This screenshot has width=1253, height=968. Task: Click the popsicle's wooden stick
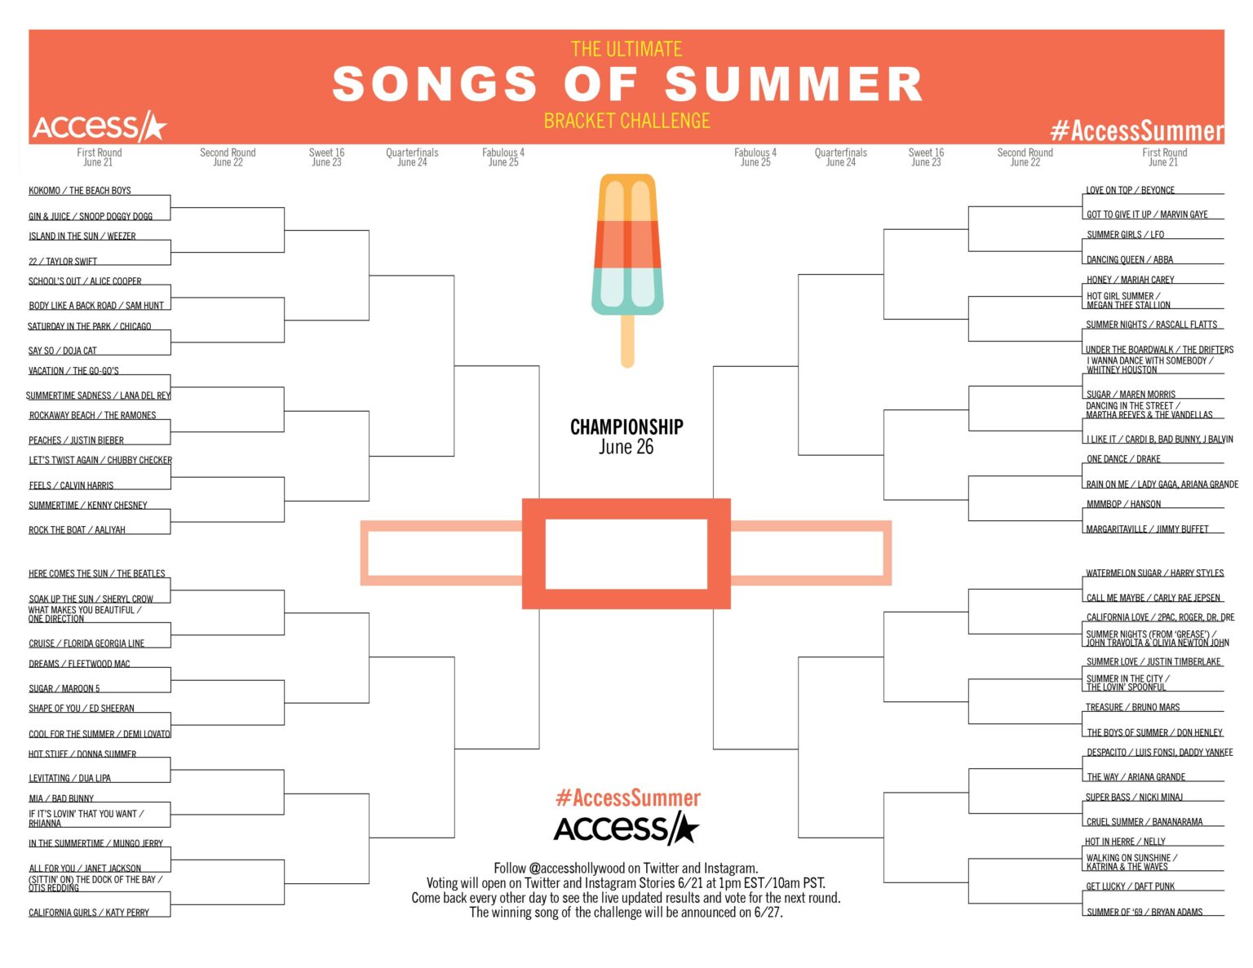627,341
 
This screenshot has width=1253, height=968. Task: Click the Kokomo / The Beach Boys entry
80,191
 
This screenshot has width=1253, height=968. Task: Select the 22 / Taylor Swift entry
63,262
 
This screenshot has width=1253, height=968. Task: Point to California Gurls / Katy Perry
89,913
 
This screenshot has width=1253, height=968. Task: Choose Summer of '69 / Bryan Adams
1144,912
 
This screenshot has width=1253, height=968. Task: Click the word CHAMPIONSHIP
626,427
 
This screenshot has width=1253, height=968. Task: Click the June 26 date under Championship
626,447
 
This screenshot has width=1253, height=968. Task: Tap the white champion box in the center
626,554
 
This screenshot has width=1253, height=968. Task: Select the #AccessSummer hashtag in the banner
1136,130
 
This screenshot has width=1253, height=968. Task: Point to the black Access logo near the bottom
626,829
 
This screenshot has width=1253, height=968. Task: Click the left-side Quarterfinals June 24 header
412,157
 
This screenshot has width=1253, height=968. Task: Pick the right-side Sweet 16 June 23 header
926,157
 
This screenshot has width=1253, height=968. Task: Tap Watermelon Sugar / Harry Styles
1154,573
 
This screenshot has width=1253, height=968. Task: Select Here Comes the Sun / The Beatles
96,573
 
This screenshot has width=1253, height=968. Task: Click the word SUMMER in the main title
793,84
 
